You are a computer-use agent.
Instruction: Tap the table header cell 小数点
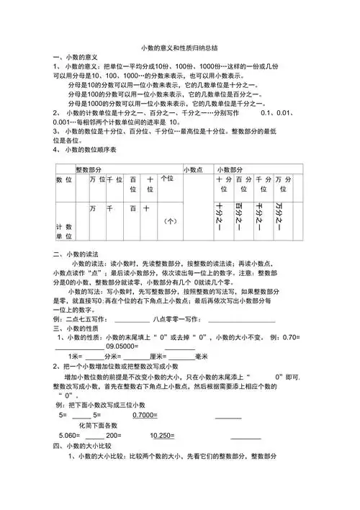coord(193,169)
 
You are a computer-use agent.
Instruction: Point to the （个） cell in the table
coord(171,221)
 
